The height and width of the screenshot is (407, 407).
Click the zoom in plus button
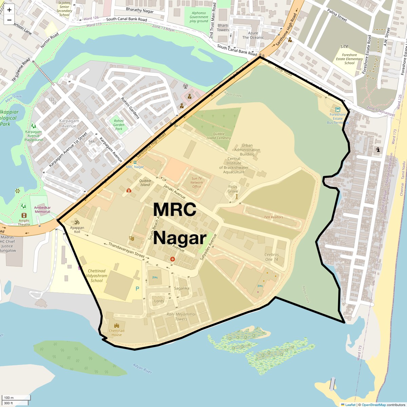point(9,10)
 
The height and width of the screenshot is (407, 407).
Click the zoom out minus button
point(9,20)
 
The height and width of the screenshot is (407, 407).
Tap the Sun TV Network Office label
point(196,182)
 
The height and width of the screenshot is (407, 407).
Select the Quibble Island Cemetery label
point(219,136)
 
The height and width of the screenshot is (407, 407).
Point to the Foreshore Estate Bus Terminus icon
point(337,110)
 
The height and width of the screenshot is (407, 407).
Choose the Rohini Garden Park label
point(119,125)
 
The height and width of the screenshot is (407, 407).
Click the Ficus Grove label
point(233,189)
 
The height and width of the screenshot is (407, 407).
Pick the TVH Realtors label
point(273,217)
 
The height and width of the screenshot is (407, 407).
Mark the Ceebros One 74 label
point(271,257)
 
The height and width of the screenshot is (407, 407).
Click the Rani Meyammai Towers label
point(181,316)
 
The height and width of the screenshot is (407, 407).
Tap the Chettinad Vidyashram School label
point(97,276)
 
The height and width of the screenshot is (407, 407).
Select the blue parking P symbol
point(137,289)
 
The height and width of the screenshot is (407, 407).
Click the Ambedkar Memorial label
point(42,210)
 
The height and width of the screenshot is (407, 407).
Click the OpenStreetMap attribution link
point(373,405)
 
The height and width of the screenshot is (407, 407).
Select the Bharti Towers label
point(223,27)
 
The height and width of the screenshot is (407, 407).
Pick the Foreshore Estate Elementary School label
point(349,59)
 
